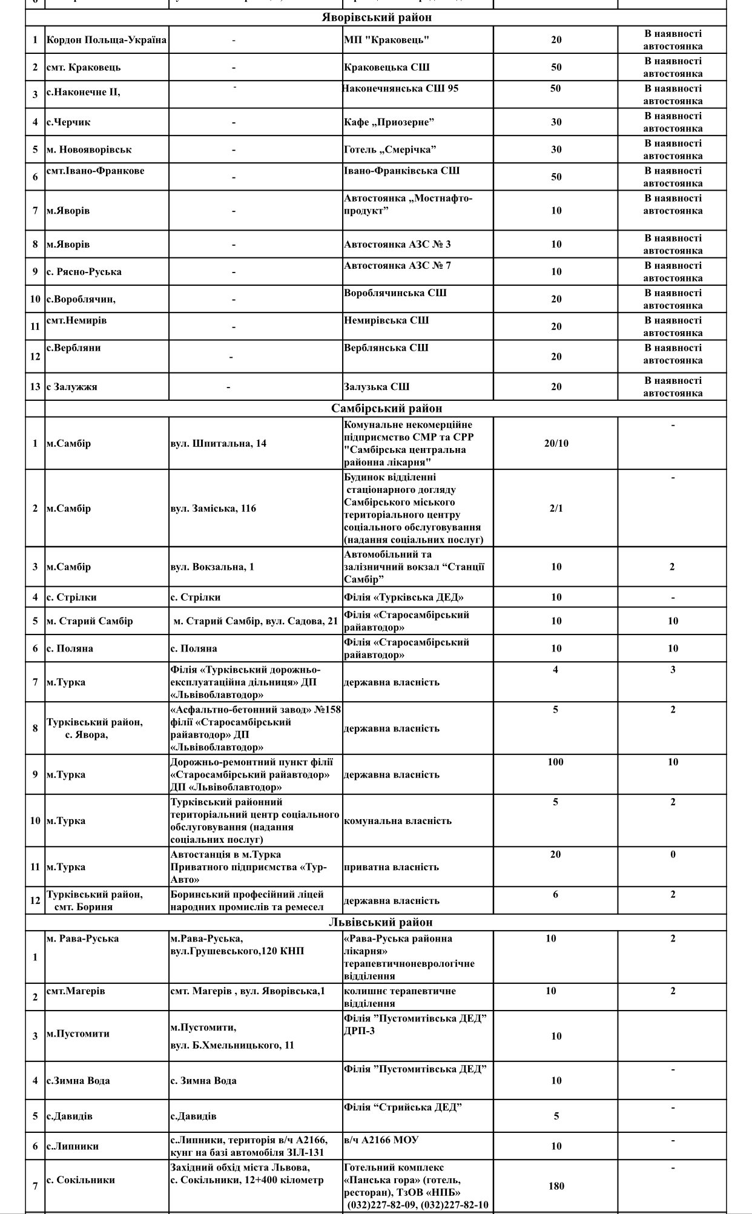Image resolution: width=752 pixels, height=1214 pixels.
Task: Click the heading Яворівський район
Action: [376, 18]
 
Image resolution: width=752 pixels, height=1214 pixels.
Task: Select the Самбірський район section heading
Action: [386, 409]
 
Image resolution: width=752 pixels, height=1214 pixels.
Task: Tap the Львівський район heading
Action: [381, 922]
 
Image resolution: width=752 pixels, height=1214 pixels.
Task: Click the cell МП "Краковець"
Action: [386, 40]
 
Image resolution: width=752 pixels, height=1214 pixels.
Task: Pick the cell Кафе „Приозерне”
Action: [389, 122]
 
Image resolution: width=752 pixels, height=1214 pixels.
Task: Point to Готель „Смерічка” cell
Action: [390, 150]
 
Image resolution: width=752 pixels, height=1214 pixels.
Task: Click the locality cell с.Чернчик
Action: [68, 122]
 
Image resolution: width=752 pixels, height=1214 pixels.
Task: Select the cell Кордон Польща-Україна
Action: [107, 40]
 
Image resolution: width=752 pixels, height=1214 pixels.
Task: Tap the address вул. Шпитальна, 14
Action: [218, 443]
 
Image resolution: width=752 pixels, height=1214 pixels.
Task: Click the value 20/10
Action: [556, 443]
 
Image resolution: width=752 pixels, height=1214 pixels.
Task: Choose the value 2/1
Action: [556, 508]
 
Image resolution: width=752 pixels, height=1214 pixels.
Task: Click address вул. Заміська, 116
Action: [213, 508]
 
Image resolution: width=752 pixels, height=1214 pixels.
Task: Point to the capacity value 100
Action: [555, 762]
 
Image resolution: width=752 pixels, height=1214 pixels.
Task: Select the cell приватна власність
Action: [391, 867]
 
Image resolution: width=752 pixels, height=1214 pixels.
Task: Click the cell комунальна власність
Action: [397, 821]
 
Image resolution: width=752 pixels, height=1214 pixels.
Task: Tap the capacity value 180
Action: [556, 1186]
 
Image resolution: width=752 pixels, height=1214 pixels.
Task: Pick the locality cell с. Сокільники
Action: [81, 1179]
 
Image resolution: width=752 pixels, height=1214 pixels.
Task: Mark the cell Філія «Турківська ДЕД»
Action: [404, 598]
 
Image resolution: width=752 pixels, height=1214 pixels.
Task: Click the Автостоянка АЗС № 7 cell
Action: [397, 266]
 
